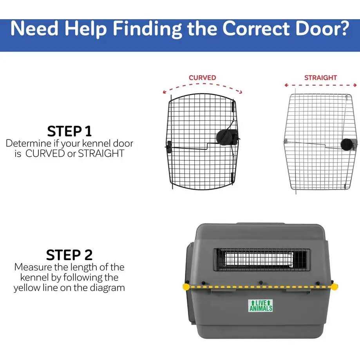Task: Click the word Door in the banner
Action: (312, 29)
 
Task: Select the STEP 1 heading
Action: (69, 131)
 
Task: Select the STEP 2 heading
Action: (69, 255)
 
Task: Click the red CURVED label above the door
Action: (202, 78)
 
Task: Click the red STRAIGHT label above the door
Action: (320, 78)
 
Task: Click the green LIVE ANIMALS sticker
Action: (261, 306)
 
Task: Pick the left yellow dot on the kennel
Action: (186, 287)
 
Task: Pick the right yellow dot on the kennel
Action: (334, 287)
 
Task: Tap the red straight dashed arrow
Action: (320, 85)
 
